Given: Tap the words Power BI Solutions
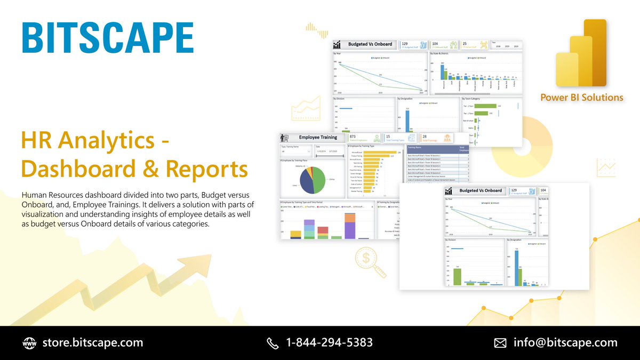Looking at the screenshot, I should pos(582,98).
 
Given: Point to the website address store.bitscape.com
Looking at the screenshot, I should pos(92,342).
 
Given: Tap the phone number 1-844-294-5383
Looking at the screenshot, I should pos(329,342).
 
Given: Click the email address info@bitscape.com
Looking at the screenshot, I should pos(565,342).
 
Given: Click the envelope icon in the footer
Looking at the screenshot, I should pos(500,343).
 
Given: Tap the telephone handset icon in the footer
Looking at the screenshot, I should pos(273,343).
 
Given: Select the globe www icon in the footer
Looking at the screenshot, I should pos(29,343).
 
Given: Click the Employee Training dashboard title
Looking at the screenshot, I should pos(318,138).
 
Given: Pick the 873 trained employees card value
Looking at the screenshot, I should pos(353,137).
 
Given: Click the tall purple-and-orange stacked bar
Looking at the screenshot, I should pos(350,226).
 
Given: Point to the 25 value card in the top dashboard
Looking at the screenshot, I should pos(465,43).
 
